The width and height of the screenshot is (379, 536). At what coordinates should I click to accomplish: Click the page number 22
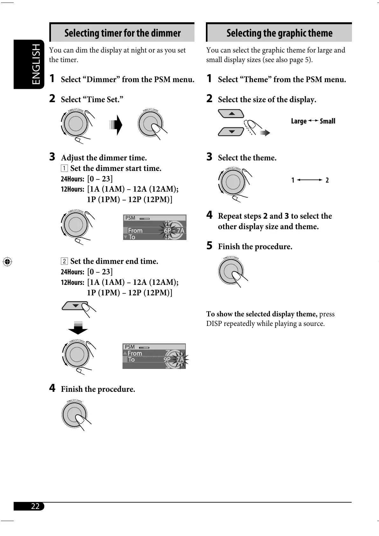click(35, 506)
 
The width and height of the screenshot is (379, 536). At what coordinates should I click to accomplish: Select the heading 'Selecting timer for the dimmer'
click(123, 33)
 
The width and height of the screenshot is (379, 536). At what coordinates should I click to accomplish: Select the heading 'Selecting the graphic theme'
click(279, 33)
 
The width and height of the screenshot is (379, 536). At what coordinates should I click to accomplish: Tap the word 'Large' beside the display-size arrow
click(298, 121)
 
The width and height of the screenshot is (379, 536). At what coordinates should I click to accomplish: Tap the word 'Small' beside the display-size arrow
click(327, 121)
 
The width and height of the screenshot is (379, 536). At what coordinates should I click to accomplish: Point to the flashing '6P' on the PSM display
click(167, 230)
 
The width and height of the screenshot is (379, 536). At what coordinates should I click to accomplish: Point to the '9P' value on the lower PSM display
click(167, 360)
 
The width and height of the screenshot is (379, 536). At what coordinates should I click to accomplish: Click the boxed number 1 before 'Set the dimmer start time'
click(64, 168)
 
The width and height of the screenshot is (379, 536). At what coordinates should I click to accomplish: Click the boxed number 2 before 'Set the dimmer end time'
click(64, 262)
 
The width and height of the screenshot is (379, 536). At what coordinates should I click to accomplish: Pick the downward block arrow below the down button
click(78, 328)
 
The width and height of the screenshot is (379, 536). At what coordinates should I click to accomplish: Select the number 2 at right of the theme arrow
click(327, 180)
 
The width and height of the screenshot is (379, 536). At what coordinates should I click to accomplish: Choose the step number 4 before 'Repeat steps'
click(209, 215)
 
